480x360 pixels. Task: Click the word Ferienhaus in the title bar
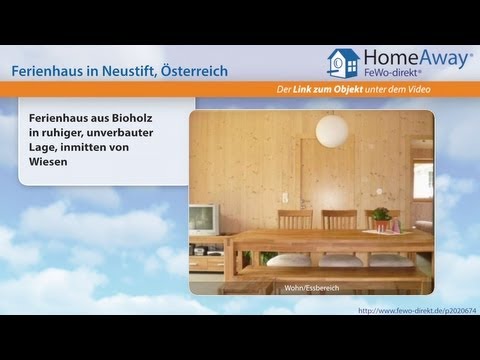(x=47, y=72)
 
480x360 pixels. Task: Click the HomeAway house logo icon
(x=344, y=64)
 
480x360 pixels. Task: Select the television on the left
(x=204, y=220)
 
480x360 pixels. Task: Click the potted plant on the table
(x=380, y=216)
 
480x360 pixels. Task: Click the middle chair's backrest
(x=339, y=219)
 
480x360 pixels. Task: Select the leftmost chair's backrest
(x=295, y=219)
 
